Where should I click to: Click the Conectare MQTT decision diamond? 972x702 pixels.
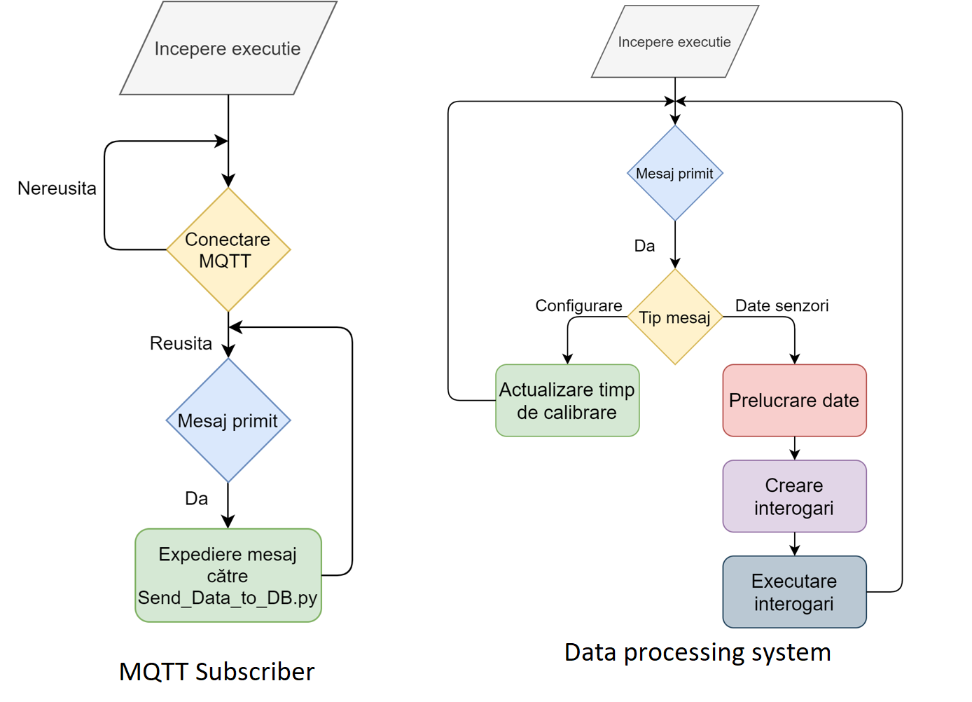pos(228,249)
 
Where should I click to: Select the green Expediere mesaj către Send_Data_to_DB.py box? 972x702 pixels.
pos(228,575)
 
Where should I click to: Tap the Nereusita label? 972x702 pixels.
pos(57,188)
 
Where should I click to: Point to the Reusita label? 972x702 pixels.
pos(181,343)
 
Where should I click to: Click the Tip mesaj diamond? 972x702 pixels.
pos(674,317)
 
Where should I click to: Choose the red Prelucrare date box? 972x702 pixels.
pos(794,400)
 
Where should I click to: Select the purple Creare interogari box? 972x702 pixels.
pos(794,496)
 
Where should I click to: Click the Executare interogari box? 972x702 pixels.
pos(794,592)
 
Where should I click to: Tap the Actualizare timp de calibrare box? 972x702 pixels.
pos(567,401)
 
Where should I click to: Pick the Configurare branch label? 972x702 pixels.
pos(578,305)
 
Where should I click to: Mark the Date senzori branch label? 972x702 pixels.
pos(782,305)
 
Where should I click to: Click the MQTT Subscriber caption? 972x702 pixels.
pos(216,671)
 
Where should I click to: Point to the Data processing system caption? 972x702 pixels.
pos(697,652)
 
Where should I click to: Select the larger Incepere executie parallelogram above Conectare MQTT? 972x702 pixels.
pos(228,48)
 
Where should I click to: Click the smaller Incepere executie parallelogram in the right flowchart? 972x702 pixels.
pos(674,42)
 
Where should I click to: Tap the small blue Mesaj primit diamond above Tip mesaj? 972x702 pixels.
pos(674,174)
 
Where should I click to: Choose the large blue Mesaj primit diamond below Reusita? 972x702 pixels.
pos(228,420)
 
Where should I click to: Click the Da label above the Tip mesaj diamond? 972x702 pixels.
pos(644,246)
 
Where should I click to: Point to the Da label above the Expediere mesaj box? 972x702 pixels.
pos(196,498)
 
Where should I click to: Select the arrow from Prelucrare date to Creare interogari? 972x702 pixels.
pos(794,448)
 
